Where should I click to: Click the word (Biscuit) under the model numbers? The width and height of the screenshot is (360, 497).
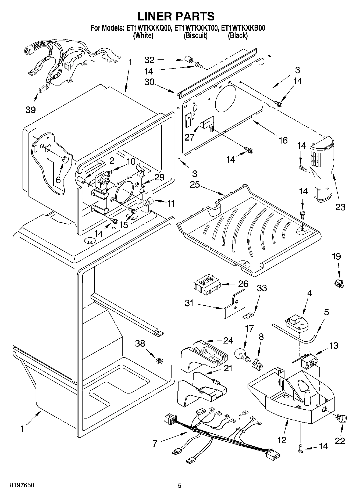click(195, 35)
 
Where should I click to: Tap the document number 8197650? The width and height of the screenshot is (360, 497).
click(22, 485)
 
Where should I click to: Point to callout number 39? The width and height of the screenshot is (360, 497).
click(31, 110)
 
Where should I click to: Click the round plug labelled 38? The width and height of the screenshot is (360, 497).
click(160, 360)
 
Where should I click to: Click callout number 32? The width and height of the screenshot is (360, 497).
click(150, 59)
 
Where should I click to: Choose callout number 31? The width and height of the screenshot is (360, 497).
click(190, 303)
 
